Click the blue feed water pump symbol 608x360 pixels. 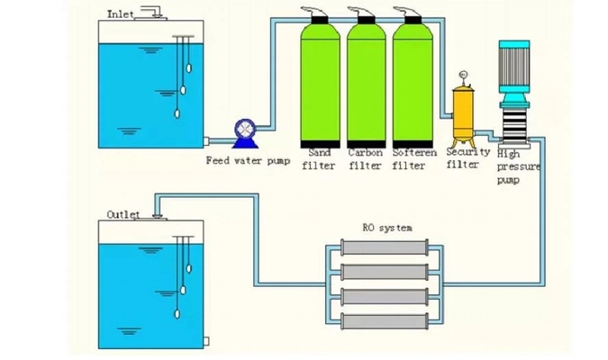point(243,133)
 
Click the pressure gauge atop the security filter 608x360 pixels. point(463,76)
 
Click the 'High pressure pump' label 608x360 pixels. point(510,166)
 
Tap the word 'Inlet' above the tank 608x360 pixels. point(121,13)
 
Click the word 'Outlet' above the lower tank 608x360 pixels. point(123,214)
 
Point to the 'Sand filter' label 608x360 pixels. point(321,158)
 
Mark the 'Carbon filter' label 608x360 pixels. point(365,158)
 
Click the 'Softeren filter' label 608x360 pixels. point(410,158)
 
